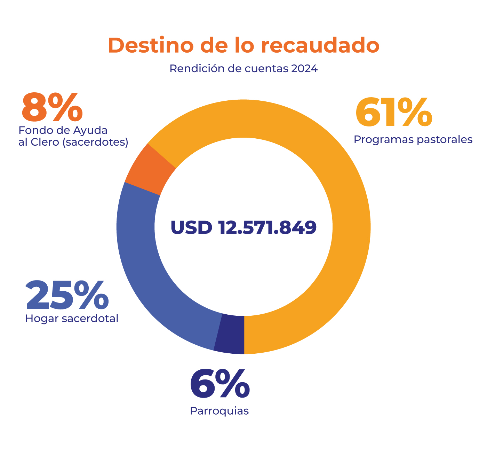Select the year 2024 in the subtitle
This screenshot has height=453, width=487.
(x=304, y=69)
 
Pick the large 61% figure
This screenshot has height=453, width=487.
(x=393, y=113)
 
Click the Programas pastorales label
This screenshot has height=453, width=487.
(x=413, y=139)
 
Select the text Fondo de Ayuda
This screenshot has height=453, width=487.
(x=63, y=130)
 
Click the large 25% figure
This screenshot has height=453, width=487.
(x=67, y=296)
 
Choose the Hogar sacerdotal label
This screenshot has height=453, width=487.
(x=72, y=318)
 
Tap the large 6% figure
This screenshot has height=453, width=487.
(x=220, y=385)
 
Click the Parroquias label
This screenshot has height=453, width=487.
(x=219, y=411)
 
